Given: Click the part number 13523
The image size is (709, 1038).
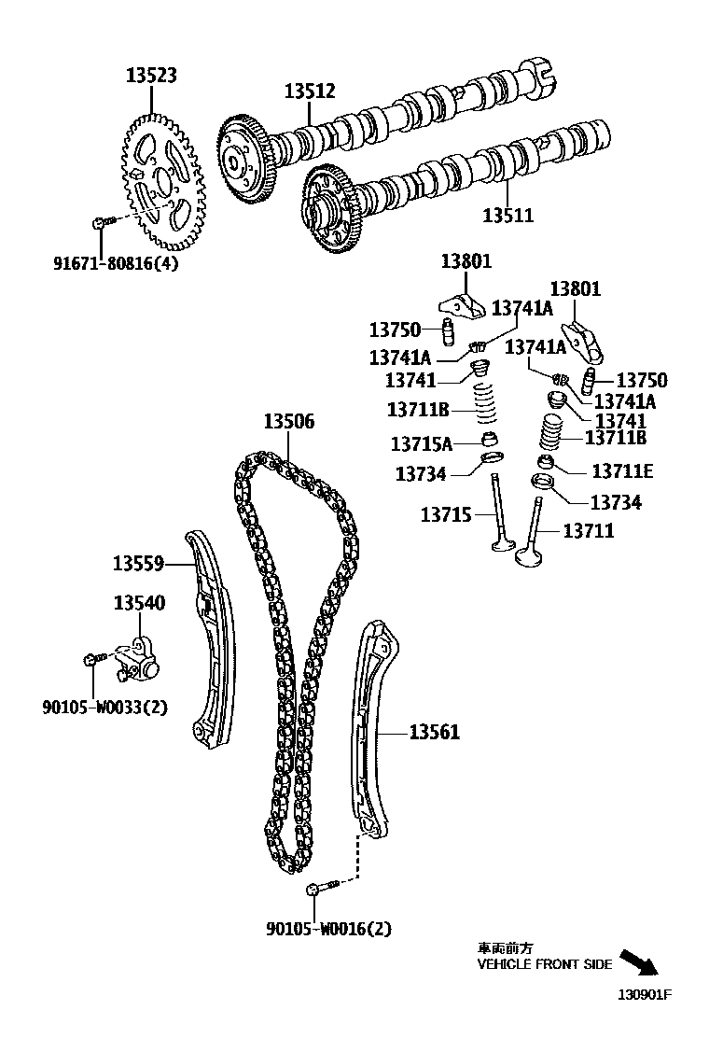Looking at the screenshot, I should pyautogui.click(x=152, y=76).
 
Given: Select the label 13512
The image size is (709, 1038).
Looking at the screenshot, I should pyautogui.click(x=310, y=91).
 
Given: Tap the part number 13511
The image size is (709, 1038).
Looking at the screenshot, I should pyautogui.click(x=508, y=216).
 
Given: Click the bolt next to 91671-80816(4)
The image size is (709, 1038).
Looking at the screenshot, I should pyautogui.click(x=101, y=223).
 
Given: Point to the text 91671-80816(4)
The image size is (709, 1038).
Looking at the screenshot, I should pyautogui.click(x=115, y=262).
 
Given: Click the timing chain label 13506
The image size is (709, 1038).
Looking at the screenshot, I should pyautogui.click(x=288, y=422).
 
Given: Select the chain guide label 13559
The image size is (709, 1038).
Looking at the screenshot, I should pyautogui.click(x=139, y=564).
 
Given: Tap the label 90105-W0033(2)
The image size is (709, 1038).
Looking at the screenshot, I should pyautogui.click(x=104, y=707).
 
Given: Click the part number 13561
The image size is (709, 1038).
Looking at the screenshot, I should pyautogui.click(x=434, y=733).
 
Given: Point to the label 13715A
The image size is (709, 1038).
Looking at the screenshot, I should pyautogui.click(x=421, y=443).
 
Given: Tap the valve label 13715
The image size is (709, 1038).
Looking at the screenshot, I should pyautogui.click(x=446, y=514).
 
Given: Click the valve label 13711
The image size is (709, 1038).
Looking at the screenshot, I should pyautogui.click(x=589, y=530).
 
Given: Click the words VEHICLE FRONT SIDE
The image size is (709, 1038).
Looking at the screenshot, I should pyautogui.click(x=545, y=964).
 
